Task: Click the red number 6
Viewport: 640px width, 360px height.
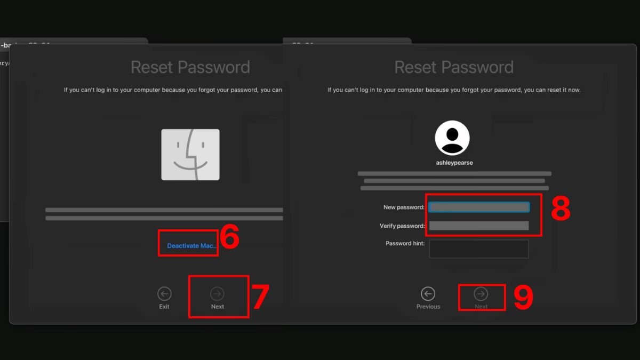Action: [x=229, y=238]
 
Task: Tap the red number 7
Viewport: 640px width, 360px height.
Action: [x=260, y=297]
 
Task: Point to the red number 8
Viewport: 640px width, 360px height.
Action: [x=561, y=209]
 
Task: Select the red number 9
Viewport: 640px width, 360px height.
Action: [x=523, y=298]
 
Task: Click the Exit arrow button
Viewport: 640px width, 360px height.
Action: [x=164, y=294]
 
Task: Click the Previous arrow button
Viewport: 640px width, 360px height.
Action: [x=428, y=294]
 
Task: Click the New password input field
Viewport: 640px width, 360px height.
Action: [x=479, y=207]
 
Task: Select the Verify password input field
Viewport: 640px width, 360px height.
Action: [x=479, y=226]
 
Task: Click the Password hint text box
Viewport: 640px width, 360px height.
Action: [x=479, y=249]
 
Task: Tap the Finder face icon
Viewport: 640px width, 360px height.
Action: [x=190, y=155]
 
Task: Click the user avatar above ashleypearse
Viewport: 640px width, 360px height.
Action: [x=452, y=138]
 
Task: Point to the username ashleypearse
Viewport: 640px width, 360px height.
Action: [x=454, y=163]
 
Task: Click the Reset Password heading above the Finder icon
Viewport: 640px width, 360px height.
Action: [x=190, y=67]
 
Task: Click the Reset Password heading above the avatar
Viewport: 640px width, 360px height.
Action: [x=454, y=67]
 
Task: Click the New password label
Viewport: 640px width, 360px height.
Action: [x=404, y=207]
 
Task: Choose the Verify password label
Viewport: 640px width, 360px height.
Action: [x=402, y=226]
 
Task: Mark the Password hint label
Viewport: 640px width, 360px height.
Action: [x=405, y=243]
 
